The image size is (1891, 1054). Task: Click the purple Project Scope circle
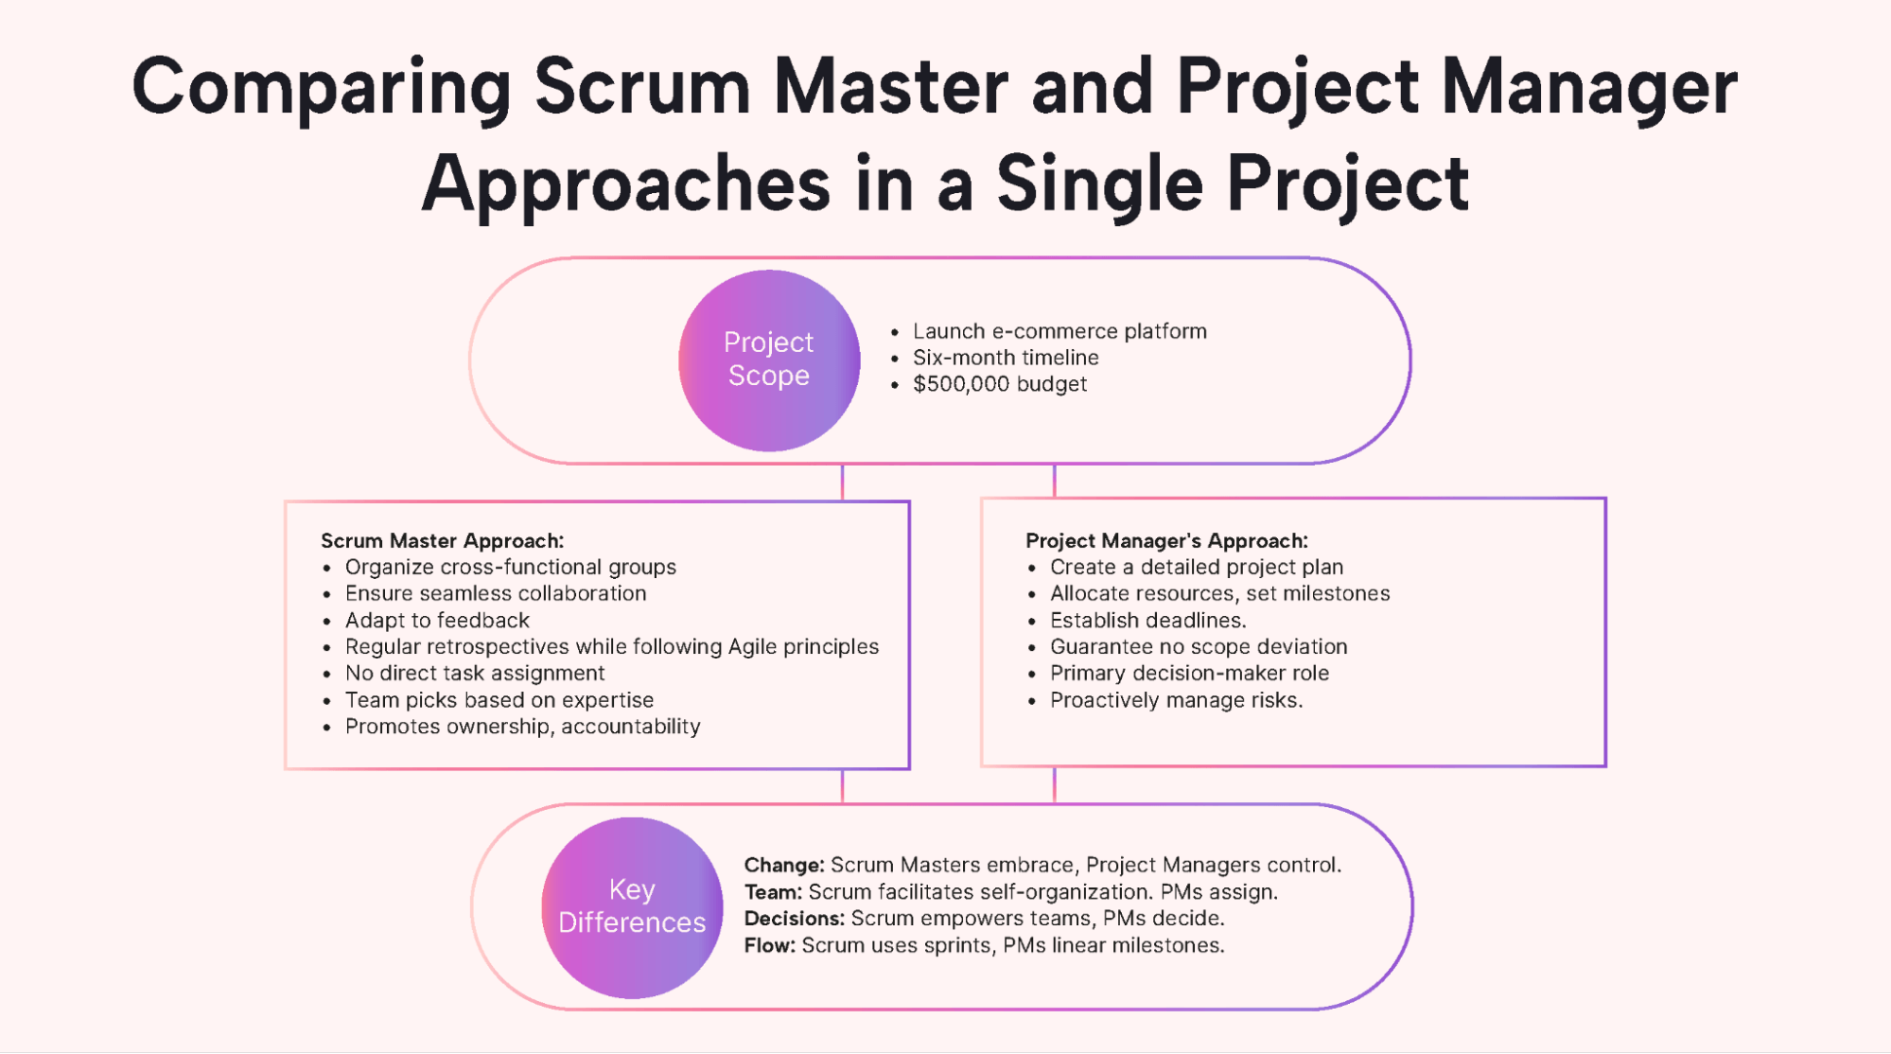(x=769, y=360)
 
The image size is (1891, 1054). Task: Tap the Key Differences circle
(x=632, y=906)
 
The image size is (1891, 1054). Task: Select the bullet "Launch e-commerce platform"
(x=1059, y=331)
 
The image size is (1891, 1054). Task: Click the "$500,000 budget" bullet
(x=999, y=384)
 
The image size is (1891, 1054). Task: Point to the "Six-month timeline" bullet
(x=1005, y=358)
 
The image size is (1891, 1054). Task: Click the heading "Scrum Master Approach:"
(x=442, y=540)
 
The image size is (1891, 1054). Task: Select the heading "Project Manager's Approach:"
(x=1166, y=540)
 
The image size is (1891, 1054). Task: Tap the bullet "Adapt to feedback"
(x=437, y=620)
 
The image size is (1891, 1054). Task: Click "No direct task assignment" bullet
(x=474, y=673)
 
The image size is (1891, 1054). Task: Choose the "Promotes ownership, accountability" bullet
(x=522, y=727)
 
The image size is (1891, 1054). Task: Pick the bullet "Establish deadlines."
(x=1147, y=620)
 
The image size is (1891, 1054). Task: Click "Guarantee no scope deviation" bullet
(x=1198, y=646)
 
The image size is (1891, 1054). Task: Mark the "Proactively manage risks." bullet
(x=1176, y=700)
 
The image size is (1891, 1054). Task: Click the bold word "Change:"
(x=784, y=865)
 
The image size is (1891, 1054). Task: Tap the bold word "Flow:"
(x=770, y=945)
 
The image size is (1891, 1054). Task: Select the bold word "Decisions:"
(x=794, y=918)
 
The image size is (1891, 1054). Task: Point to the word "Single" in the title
(x=1099, y=184)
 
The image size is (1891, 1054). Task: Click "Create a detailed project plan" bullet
(x=1196, y=567)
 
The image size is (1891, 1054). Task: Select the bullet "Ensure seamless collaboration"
(x=495, y=593)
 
